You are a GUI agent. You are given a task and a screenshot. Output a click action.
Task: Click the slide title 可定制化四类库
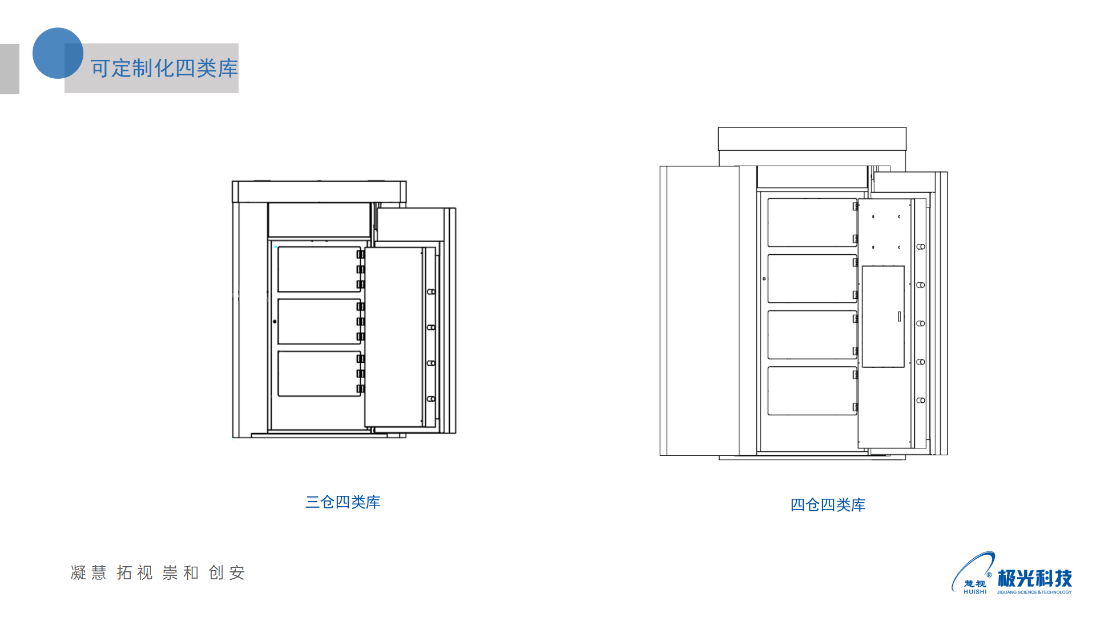tap(164, 69)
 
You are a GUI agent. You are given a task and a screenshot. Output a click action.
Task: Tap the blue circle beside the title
tap(58, 53)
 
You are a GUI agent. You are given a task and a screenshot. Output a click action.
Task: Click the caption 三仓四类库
tap(342, 502)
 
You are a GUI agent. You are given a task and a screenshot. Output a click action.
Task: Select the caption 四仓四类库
tap(828, 505)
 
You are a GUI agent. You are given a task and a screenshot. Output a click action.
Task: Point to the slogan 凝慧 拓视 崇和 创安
tap(158, 572)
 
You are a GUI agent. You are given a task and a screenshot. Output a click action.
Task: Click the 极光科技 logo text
tap(1034, 578)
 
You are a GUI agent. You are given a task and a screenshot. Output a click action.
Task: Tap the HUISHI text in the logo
tap(975, 592)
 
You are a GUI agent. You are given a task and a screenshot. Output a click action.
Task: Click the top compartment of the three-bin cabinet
tap(319, 269)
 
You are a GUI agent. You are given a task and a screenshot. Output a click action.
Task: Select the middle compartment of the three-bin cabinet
tap(319, 321)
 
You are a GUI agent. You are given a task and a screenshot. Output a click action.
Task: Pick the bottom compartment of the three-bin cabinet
tap(319, 374)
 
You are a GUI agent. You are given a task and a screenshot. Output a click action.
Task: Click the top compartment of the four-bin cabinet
tap(811, 222)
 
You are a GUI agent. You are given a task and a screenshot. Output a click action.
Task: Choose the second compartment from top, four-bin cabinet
tap(811, 278)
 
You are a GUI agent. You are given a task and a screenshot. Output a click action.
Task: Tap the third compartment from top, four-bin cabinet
tap(811, 334)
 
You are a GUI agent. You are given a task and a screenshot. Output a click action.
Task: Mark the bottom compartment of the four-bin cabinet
tap(811, 391)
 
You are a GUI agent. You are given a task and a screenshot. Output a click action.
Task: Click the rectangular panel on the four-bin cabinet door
tap(883, 316)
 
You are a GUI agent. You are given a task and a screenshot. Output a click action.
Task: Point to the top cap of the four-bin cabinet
tap(812, 139)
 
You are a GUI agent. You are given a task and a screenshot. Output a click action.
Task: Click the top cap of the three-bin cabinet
tap(319, 191)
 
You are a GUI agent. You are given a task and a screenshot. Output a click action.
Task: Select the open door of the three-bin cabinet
tap(394, 337)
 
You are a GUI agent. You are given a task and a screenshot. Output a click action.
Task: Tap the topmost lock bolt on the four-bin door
tap(920, 247)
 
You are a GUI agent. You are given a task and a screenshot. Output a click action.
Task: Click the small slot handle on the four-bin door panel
tap(899, 316)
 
